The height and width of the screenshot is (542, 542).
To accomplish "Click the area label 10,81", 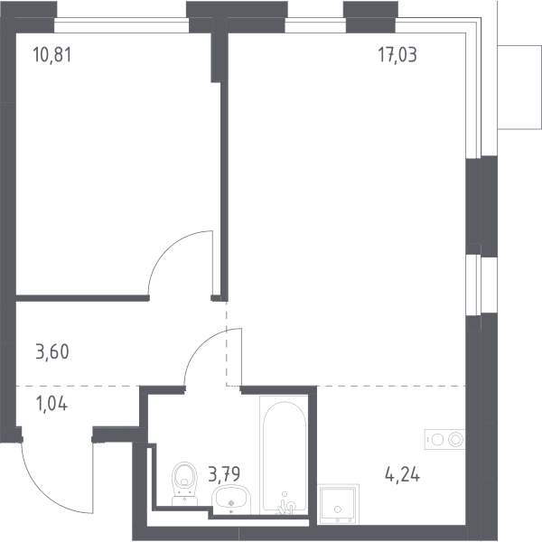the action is (52, 55).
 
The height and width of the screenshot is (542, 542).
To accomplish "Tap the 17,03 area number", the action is (397, 55).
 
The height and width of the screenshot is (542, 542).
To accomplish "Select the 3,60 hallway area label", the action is (52, 351).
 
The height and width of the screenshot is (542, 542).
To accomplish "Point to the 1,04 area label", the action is (51, 404).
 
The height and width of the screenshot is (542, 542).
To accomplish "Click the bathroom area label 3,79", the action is (224, 473).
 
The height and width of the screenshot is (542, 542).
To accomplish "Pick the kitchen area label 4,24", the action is (402, 474).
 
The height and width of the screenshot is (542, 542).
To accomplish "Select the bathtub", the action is (285, 455).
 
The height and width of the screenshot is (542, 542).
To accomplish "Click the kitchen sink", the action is (338, 504).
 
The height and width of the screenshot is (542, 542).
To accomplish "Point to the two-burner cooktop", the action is (444, 439).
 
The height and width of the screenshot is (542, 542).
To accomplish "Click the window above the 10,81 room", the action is (122, 25).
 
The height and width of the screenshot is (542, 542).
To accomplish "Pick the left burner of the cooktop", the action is (437, 440).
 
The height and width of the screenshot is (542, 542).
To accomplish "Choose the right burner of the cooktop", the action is (455, 439).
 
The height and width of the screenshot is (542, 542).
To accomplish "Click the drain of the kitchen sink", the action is (338, 509).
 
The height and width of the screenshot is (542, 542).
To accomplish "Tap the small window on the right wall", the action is (473, 285).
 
